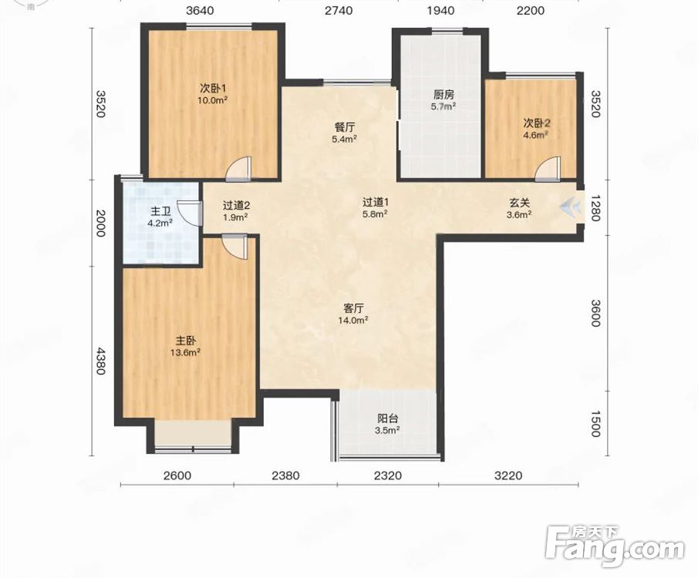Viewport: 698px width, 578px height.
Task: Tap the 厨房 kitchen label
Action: click(443, 95)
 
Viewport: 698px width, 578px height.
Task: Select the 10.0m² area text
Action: click(213, 100)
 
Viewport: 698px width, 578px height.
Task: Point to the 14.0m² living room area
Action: click(353, 320)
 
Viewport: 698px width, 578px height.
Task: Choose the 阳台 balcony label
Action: click(388, 418)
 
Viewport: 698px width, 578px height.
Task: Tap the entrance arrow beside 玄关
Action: click(571, 206)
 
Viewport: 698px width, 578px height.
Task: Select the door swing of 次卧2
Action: click(547, 169)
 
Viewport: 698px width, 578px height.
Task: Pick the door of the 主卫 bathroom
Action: click(188, 212)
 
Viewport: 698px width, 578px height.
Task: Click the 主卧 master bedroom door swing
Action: click(234, 247)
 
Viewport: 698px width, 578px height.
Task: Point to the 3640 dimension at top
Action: click(200, 10)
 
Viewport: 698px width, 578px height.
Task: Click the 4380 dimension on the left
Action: click(100, 361)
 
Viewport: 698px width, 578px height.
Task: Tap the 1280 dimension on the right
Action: click(595, 208)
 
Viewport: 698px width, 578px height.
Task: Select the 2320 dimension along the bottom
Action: click(388, 476)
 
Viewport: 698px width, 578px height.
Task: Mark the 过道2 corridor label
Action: click(236, 205)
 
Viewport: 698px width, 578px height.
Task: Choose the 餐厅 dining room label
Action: click(345, 127)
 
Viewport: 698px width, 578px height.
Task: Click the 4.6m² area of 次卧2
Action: click(534, 134)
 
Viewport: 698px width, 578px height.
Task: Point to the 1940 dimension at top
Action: click(440, 10)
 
